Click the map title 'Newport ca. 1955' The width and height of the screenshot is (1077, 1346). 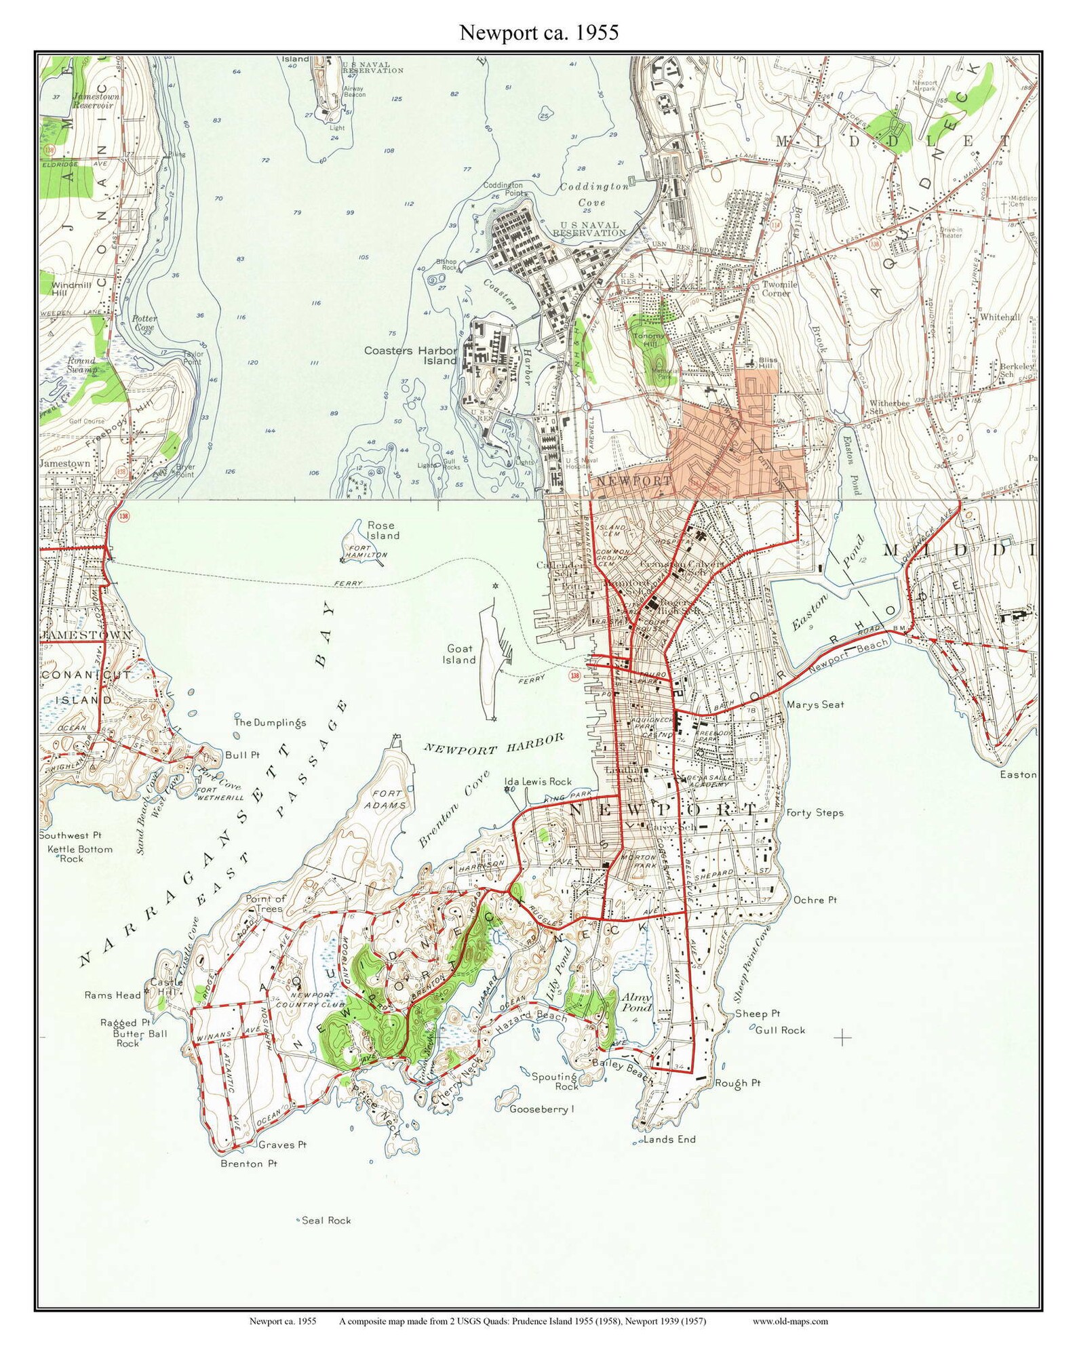click(x=538, y=33)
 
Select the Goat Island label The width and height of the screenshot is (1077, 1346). click(x=459, y=654)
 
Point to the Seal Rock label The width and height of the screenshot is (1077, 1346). click(x=326, y=1220)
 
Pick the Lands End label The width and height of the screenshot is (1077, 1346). click(x=669, y=1139)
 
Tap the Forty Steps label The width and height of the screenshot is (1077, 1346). click(x=815, y=812)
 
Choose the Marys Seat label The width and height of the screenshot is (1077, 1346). click(x=815, y=705)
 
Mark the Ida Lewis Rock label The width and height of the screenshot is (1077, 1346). click(x=538, y=781)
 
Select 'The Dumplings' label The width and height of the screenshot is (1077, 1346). click(x=270, y=723)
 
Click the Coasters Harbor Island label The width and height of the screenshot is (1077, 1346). click(x=410, y=355)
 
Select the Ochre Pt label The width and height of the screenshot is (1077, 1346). click(x=815, y=900)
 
